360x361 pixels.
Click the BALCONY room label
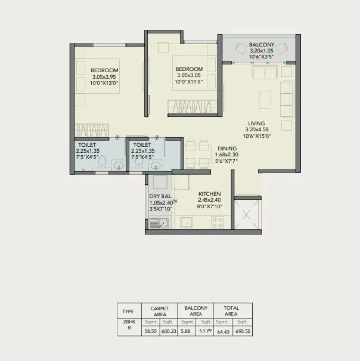click(x=261, y=45)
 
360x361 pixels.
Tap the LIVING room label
click(x=257, y=124)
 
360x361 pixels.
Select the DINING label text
click(x=226, y=149)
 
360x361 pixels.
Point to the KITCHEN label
click(x=209, y=194)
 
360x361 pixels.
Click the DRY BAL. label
click(x=160, y=196)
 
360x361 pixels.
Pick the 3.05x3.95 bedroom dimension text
click(x=105, y=76)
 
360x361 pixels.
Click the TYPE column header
click(x=128, y=311)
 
